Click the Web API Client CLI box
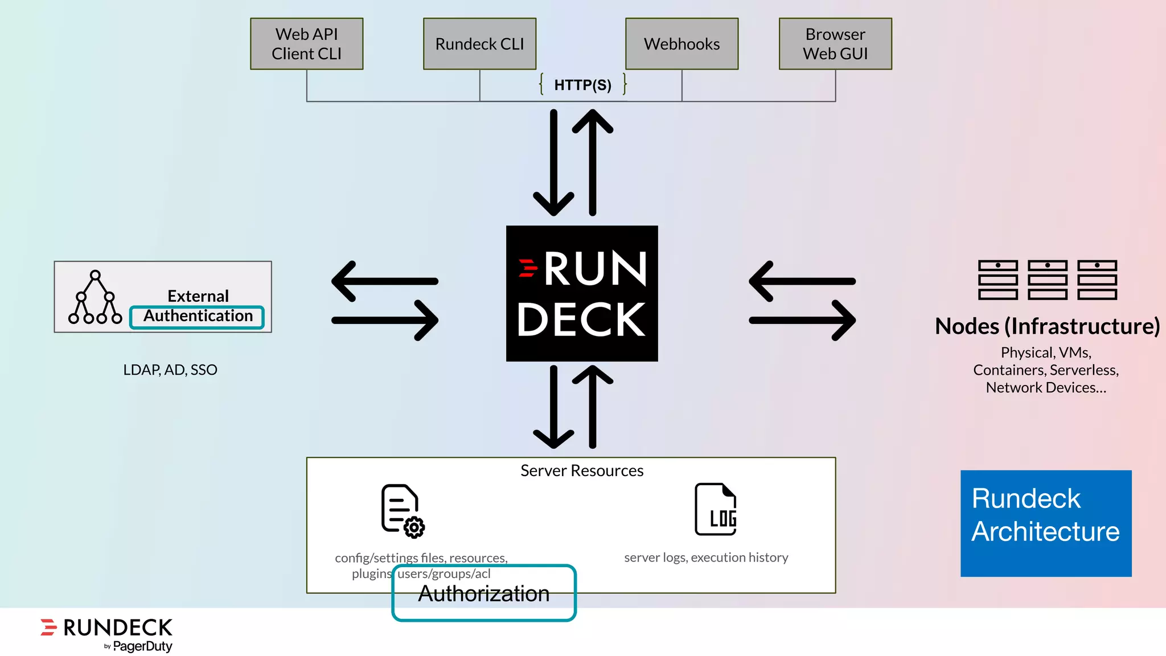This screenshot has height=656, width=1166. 306,44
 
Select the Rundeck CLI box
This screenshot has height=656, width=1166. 479,44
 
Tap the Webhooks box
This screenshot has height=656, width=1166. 681,44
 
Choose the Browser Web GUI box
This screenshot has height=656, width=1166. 835,44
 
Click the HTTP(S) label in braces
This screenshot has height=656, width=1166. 582,85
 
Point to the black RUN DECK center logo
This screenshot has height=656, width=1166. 582,293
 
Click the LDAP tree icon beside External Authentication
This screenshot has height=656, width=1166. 95,298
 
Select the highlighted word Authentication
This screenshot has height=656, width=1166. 198,317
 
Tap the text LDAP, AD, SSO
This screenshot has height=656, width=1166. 170,370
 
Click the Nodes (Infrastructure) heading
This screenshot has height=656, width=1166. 1047,326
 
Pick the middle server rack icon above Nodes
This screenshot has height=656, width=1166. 1047,280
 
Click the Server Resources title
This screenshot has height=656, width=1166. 582,471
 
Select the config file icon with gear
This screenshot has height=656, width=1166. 402,510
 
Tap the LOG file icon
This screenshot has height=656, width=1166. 716,509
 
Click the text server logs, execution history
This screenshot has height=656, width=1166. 706,557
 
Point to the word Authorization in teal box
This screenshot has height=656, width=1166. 483,594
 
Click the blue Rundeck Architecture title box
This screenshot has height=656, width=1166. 1046,523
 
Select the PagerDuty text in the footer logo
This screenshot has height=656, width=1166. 142,646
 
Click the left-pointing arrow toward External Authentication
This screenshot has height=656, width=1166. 384,281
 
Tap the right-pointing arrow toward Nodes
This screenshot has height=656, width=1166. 803,321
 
